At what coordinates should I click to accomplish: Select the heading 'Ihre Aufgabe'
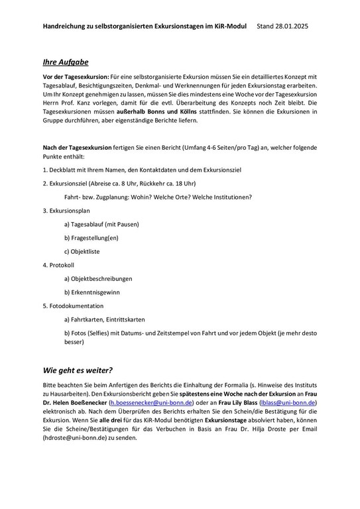[65, 62]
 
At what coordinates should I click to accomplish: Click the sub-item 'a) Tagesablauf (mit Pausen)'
[101, 225]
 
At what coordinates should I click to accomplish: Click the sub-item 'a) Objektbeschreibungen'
[98, 279]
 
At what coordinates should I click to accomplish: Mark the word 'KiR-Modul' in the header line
[229, 26]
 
